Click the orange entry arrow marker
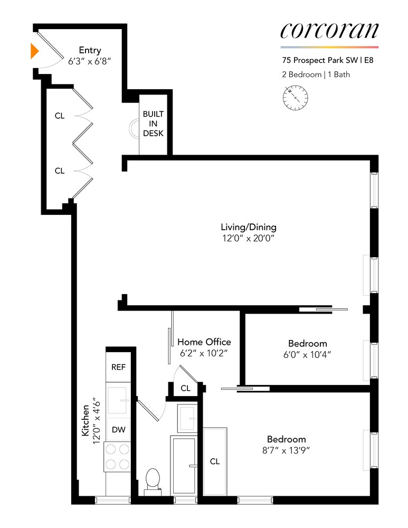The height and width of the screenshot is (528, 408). tap(34, 51)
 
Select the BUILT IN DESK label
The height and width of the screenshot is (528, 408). tap(153, 124)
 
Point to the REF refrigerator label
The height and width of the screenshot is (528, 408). tap(118, 367)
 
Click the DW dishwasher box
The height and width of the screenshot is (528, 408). tap(118, 430)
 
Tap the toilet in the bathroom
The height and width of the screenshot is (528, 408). tap(153, 479)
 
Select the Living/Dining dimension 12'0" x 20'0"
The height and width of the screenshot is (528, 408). tap(249, 239)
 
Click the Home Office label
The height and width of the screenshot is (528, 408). tap(204, 342)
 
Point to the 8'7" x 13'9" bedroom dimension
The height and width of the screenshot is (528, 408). tap(286, 450)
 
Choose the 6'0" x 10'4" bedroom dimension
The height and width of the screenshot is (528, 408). tap(307, 354)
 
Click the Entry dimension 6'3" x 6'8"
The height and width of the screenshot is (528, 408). tap(90, 61)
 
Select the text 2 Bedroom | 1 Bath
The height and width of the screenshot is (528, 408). tap(316, 74)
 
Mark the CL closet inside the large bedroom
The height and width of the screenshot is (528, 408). tap(214, 461)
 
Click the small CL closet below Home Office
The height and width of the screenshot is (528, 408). tap(185, 388)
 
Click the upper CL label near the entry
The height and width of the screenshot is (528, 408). tap(60, 116)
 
